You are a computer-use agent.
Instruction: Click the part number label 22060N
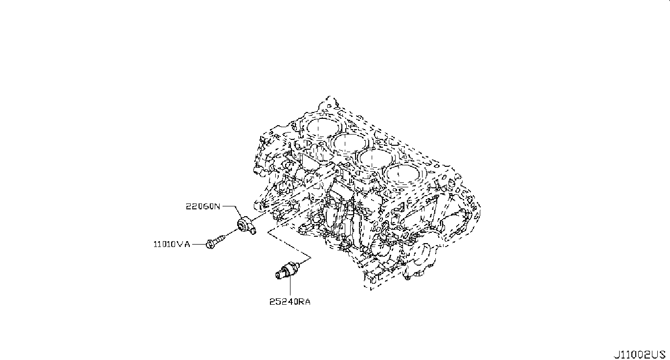click(203, 206)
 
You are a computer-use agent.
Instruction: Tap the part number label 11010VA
click(172, 245)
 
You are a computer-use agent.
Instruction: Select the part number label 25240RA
click(290, 302)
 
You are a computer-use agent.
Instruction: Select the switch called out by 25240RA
click(288, 270)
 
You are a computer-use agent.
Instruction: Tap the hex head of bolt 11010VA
click(210, 244)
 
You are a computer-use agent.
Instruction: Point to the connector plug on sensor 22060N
click(253, 231)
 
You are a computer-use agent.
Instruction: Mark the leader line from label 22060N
click(232, 211)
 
